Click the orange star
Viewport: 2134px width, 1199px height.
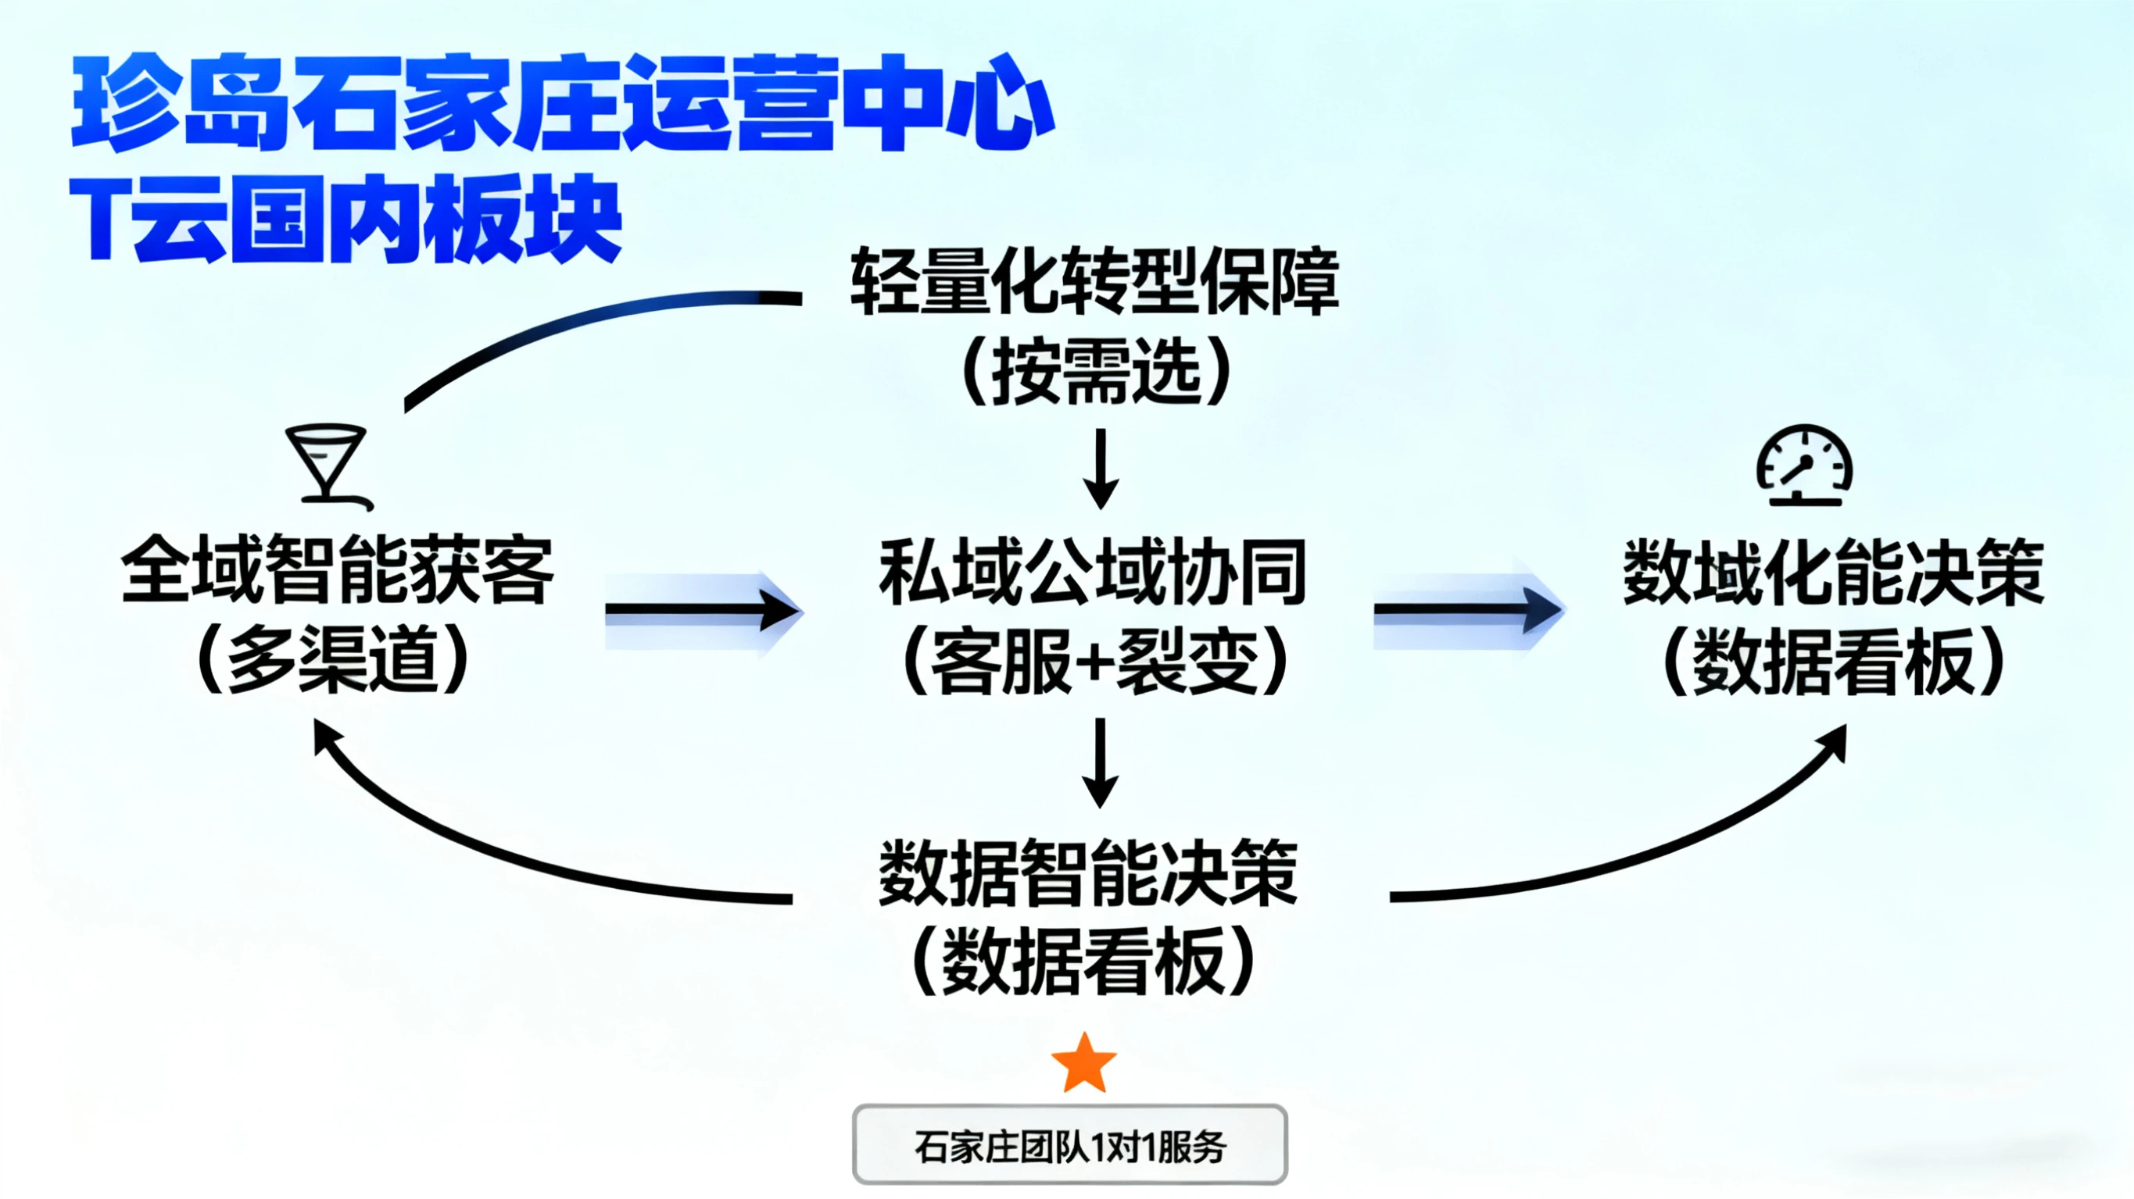tap(1083, 1064)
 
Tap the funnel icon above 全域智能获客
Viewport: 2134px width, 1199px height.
tap(327, 464)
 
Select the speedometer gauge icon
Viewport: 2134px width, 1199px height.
tap(1804, 466)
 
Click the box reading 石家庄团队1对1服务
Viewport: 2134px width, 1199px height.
tap(1069, 1144)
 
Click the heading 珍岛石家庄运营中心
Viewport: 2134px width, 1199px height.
tap(563, 104)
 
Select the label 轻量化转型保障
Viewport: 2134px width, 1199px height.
tap(1094, 281)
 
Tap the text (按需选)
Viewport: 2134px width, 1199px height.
tap(1096, 371)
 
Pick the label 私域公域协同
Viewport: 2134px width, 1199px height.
tap(1093, 571)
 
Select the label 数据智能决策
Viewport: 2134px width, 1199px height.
tap(1087, 872)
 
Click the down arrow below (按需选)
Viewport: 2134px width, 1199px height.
tap(1101, 469)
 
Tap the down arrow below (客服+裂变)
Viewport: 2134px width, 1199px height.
tap(1100, 762)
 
